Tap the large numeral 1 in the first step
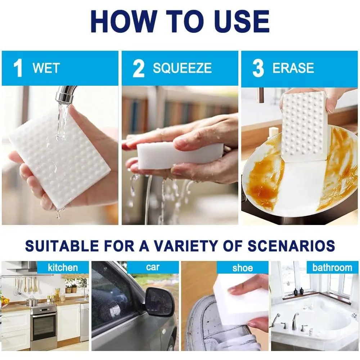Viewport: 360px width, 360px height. pos(18,68)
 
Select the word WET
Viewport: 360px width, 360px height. pos(46,68)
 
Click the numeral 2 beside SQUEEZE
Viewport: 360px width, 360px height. pos(139,68)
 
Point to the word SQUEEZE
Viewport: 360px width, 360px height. pos(182,68)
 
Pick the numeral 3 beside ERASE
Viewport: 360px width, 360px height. pos(258,68)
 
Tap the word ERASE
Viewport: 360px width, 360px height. pos(293,68)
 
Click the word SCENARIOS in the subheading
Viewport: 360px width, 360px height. pos(291,246)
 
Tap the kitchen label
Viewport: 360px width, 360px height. pos(63,268)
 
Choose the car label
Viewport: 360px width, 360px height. pos(153,267)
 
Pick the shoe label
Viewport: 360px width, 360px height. pos(242,268)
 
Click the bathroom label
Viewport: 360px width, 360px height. pos(332,267)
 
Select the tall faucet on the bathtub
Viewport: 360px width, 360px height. pos(295,321)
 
